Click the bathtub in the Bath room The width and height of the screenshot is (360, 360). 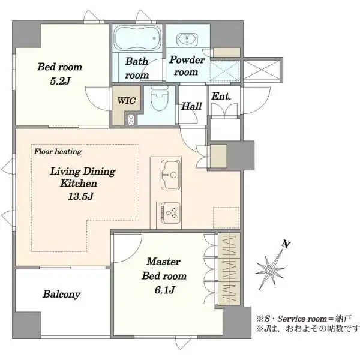point(137,38)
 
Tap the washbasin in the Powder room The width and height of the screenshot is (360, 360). point(187,40)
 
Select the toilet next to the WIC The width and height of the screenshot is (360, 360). point(159,98)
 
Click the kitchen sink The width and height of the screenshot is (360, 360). point(170,175)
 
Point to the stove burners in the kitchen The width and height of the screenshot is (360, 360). point(170,212)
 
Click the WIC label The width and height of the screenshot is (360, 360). point(127,101)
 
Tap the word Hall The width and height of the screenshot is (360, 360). point(191,106)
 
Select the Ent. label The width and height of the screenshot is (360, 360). point(221,96)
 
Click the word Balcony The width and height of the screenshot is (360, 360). point(62,294)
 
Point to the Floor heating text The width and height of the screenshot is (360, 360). point(58,152)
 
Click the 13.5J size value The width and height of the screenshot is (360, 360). point(80,197)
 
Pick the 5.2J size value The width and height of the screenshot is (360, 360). point(61,81)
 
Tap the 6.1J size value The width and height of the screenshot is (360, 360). point(164,290)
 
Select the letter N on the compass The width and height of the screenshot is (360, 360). point(286,244)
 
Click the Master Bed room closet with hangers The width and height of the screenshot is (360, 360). point(229,269)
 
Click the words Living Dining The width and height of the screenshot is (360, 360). point(83,172)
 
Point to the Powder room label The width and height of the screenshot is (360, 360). point(187,66)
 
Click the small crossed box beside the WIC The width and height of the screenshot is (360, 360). point(131,119)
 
